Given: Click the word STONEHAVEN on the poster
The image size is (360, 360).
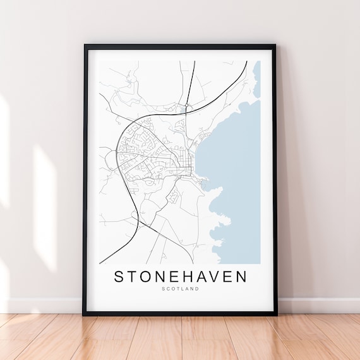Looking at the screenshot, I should click(x=180, y=277).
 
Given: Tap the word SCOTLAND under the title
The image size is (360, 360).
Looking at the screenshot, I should click(x=180, y=289).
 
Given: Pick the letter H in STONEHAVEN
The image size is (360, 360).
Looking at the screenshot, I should click(x=181, y=277).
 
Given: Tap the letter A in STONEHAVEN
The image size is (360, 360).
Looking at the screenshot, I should click(x=196, y=277).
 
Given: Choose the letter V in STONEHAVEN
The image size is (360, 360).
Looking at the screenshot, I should click(x=210, y=277).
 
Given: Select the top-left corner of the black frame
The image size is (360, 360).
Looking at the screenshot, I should click(x=85, y=45).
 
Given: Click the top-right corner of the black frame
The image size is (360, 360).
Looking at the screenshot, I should click(x=276, y=45).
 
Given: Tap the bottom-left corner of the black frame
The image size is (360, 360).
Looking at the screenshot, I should click(x=84, y=314).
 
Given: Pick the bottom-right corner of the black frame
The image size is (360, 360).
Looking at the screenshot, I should click(x=276, y=314).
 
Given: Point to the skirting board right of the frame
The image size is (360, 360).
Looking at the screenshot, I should click(x=319, y=306).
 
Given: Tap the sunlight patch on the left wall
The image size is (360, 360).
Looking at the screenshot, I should click(x=44, y=208).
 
